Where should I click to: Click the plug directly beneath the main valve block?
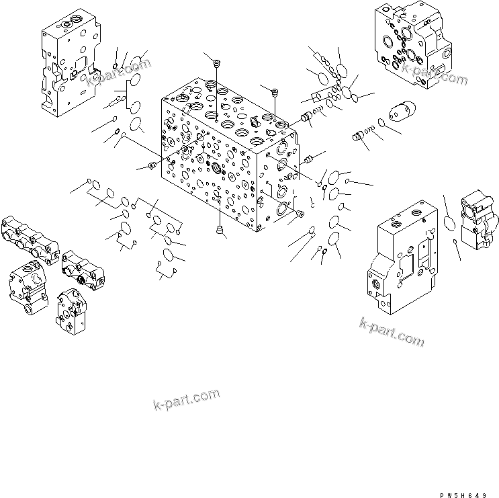pyautogui.click(x=220, y=231)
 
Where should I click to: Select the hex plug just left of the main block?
pyautogui.click(x=152, y=165)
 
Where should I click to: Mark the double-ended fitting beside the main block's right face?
pyautogui.click(x=310, y=159)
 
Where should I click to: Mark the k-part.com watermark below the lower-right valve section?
pyautogui.click(x=392, y=333)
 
